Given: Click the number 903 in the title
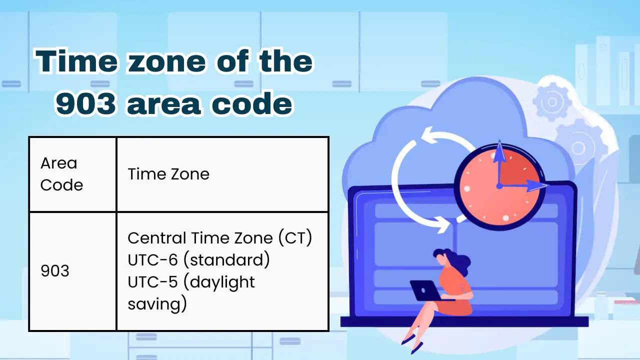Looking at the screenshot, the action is point(86,103).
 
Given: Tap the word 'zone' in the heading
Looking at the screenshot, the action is point(167,61).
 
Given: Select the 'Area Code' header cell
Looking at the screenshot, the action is point(72,174).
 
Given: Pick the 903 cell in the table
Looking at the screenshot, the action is point(72,271).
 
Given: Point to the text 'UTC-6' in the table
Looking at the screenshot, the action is point(152,260).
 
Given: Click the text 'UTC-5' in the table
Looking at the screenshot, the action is point(152,282).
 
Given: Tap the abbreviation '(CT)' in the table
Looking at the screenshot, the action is point(295,238).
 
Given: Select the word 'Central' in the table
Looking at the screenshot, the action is point(157,238).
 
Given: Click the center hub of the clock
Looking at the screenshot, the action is point(499,186).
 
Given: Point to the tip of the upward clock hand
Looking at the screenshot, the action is point(499,140).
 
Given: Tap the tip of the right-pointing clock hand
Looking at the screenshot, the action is point(547,185).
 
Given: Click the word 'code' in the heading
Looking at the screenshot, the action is point(252,103).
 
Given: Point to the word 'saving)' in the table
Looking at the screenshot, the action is point(157,304).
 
